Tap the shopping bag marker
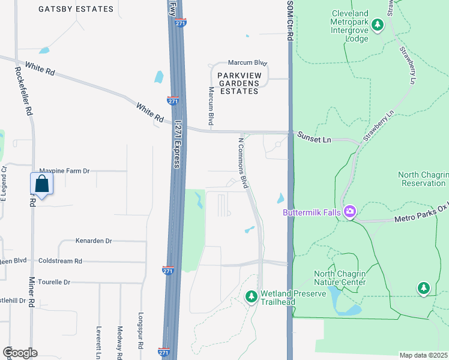[x=41, y=184]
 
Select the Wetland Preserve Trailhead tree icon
[x=252, y=296]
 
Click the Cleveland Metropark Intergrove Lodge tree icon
[x=378, y=25]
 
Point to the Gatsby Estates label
[x=76, y=9]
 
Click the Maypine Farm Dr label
[x=64, y=171]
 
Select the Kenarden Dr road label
[x=94, y=241]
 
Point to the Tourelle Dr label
[x=54, y=282]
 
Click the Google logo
[x=20, y=353]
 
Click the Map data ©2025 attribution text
[x=423, y=355]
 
